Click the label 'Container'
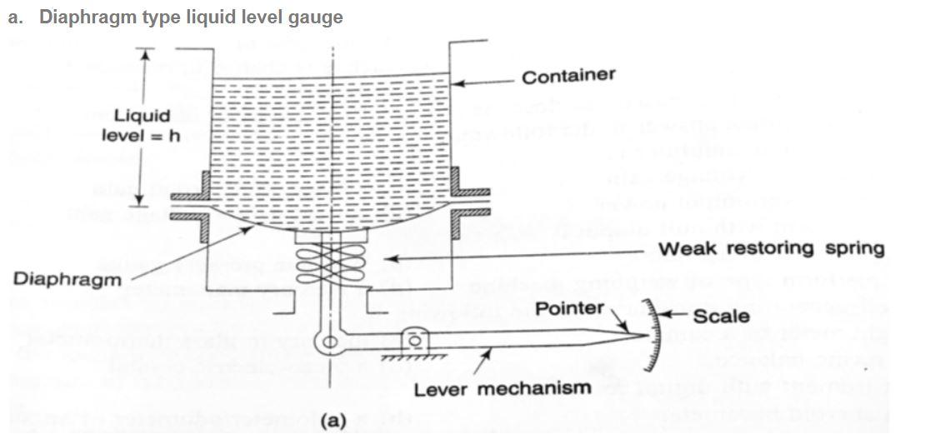(x=568, y=77)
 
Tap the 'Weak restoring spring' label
(x=771, y=249)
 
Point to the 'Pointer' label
(x=569, y=309)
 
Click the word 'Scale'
(x=721, y=317)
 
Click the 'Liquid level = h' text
(x=141, y=125)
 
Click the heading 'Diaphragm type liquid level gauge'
(x=191, y=17)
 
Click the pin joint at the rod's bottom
(x=332, y=342)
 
